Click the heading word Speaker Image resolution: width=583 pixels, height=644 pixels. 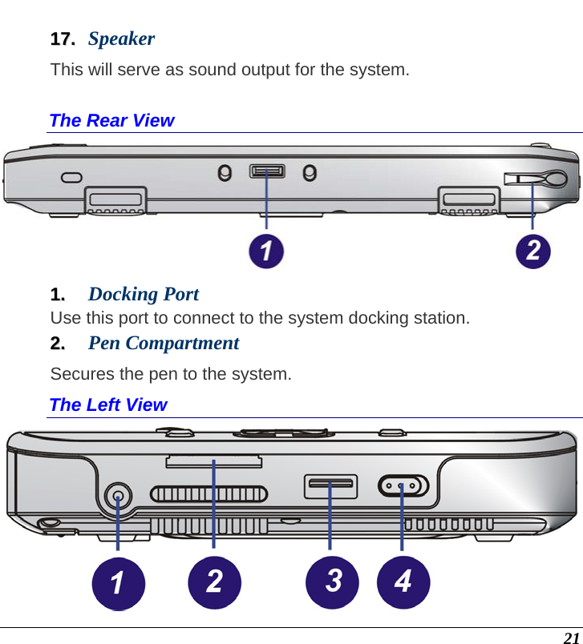point(121,38)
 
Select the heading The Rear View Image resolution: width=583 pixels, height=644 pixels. point(111,120)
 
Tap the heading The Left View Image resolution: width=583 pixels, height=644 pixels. point(108,405)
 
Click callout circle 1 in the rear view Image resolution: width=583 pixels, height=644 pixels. point(266,251)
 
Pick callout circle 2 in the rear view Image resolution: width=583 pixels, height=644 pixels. point(533,251)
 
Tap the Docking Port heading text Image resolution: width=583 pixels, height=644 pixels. point(144,294)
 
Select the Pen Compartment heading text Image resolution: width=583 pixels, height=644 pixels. point(164,343)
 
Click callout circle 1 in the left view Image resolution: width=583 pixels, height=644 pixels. point(117,582)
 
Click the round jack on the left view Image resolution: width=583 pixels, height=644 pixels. point(119,496)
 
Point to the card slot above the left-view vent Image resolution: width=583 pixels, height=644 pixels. point(213,461)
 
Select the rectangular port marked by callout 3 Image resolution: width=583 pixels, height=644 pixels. point(330,485)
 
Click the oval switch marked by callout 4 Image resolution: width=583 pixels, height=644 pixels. point(403,486)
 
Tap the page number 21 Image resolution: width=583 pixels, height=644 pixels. point(570,638)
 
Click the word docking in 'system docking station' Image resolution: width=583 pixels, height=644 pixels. point(374,318)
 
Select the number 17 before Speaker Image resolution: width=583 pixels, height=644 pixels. point(62,38)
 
